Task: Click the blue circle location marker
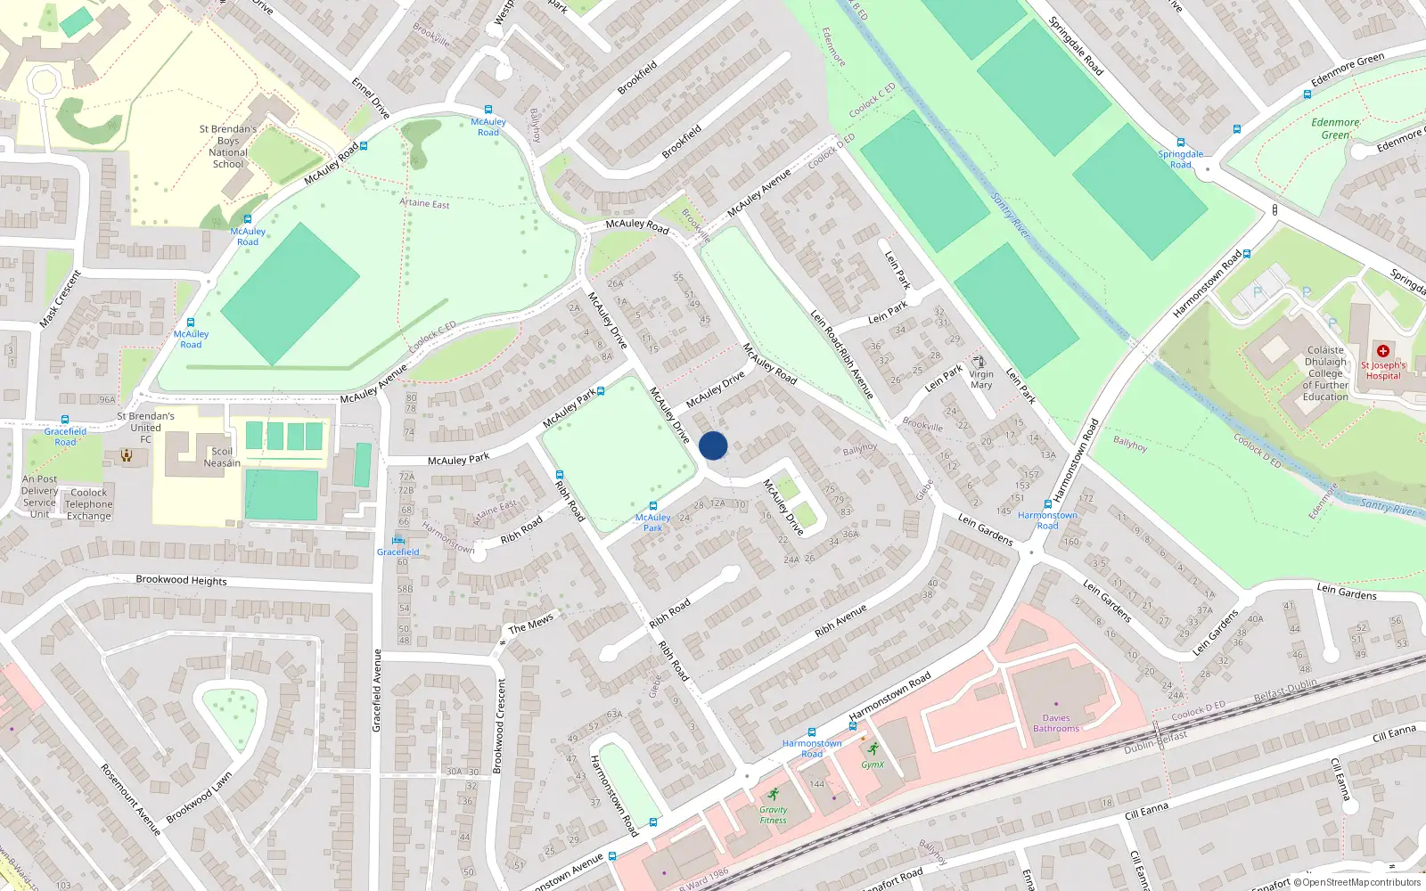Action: (713, 445)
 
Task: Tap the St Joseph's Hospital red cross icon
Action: (1382, 351)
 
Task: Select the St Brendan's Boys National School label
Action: (228, 146)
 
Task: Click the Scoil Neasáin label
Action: (222, 457)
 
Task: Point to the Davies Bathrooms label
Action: (1056, 723)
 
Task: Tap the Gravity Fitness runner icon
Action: (774, 794)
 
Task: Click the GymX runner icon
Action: (873, 748)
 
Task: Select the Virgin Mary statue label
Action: (981, 379)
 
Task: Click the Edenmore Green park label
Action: (1335, 129)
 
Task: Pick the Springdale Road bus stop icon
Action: (1181, 143)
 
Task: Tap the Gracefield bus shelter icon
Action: (397, 540)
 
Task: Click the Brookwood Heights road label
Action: (181, 580)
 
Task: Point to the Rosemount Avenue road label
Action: (130, 799)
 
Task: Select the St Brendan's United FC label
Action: (145, 428)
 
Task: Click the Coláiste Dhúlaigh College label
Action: (1325, 373)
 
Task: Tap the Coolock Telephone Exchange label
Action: (89, 504)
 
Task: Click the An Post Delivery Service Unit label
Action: (39, 496)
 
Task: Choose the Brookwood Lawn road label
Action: (199, 797)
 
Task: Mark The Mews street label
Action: (531, 624)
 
